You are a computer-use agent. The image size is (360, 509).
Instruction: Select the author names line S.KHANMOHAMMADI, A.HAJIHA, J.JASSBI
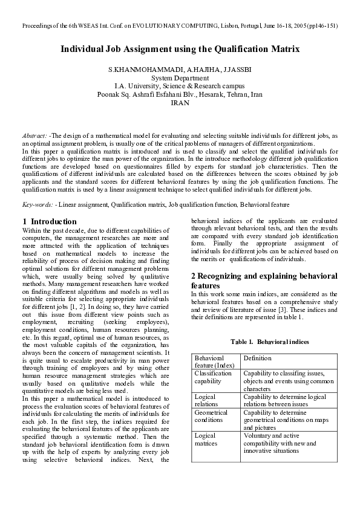click(180, 70)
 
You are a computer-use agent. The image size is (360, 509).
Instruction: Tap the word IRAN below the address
click(180, 103)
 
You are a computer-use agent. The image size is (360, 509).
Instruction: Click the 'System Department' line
click(180, 79)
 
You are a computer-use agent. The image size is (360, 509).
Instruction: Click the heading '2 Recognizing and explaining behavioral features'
click(264, 280)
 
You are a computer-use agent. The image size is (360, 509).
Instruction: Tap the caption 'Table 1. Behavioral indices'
click(270, 342)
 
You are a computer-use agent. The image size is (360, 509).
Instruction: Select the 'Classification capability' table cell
click(213, 377)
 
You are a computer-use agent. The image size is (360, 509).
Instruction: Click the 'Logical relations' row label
click(207, 400)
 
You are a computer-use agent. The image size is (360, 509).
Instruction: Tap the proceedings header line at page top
click(180, 26)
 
